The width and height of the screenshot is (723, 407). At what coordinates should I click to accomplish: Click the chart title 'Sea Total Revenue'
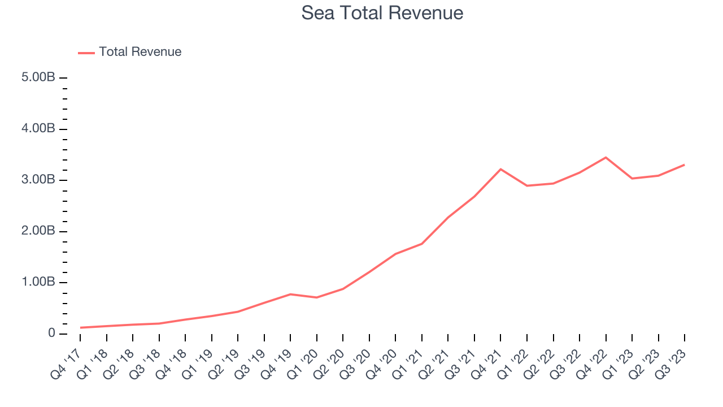coord(382,12)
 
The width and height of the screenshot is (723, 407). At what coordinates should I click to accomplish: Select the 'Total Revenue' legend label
coord(140,52)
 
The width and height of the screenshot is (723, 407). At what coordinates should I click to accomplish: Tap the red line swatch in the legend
coord(86,53)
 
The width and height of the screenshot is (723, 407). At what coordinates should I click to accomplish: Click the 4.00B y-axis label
coord(38,129)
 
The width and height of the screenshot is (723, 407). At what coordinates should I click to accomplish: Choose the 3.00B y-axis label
coord(38,180)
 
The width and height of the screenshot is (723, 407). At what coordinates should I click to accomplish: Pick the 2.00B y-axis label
coord(38,231)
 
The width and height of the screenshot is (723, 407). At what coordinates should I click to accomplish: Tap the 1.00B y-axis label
coord(38,282)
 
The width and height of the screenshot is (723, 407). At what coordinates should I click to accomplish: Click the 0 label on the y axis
coord(51,334)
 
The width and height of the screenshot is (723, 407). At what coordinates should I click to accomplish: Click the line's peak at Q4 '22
coord(606,157)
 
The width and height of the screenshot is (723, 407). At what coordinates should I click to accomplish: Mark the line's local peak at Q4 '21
coord(500,169)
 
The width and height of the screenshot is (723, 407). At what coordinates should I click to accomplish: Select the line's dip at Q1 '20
coord(316,297)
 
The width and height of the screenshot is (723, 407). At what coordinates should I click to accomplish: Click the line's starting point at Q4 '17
coord(80,327)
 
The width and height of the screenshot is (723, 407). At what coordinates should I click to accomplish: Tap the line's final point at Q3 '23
coord(685,164)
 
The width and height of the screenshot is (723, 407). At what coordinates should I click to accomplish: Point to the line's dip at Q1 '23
coord(632,179)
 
